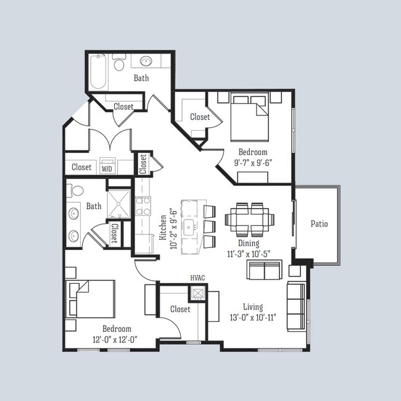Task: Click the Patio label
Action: pos(319,224)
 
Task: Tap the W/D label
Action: pos(107,168)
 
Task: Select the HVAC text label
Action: pos(197,279)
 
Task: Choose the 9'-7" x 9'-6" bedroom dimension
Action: pos(253,163)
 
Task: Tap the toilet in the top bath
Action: pos(119,62)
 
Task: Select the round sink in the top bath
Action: pos(146,62)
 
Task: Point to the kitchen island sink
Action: pos(190,223)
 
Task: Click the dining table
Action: pos(249,218)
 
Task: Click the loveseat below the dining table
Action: pos(265,270)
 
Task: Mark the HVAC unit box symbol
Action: pos(197,292)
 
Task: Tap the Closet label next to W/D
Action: pos(81,167)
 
